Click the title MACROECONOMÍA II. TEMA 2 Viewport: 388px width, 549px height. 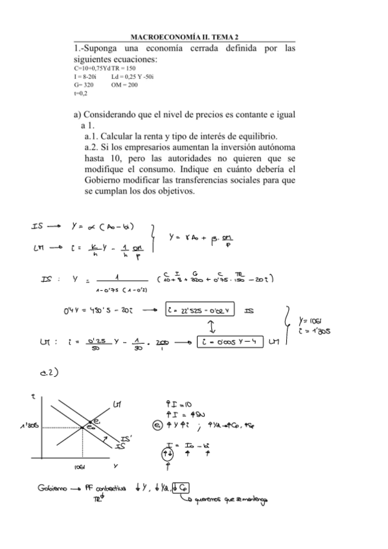click(x=185, y=38)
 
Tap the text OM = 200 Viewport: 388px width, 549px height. click(x=124, y=84)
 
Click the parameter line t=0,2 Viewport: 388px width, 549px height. click(x=81, y=93)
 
